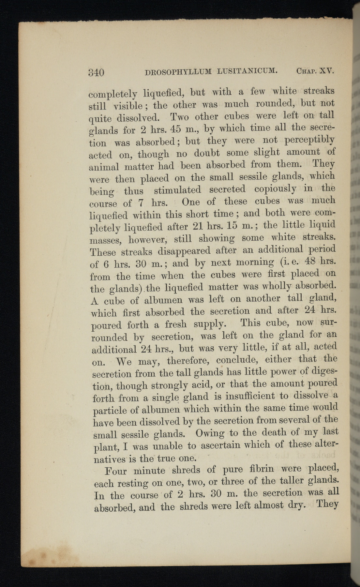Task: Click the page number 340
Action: (96, 72)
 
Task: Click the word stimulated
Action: (177, 190)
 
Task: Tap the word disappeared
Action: (184, 251)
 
